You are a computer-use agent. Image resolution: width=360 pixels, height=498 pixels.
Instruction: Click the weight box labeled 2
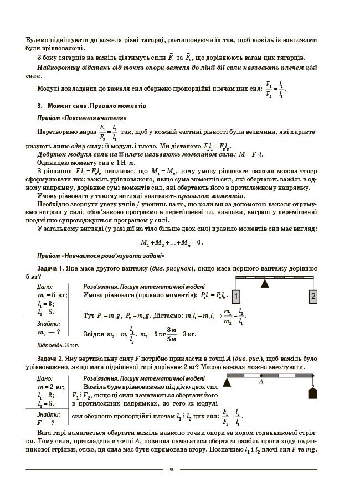(x=313, y=297)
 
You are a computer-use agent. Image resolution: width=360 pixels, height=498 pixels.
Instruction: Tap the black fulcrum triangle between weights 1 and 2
(x=265, y=284)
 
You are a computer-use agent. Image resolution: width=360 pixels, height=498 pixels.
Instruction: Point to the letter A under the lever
(x=260, y=382)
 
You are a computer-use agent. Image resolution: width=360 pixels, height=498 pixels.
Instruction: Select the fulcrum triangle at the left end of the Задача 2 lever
(x=228, y=381)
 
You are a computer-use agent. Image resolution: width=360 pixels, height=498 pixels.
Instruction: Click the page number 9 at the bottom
(x=171, y=469)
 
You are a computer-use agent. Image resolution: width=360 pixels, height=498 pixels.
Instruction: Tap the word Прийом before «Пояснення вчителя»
(x=48, y=118)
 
